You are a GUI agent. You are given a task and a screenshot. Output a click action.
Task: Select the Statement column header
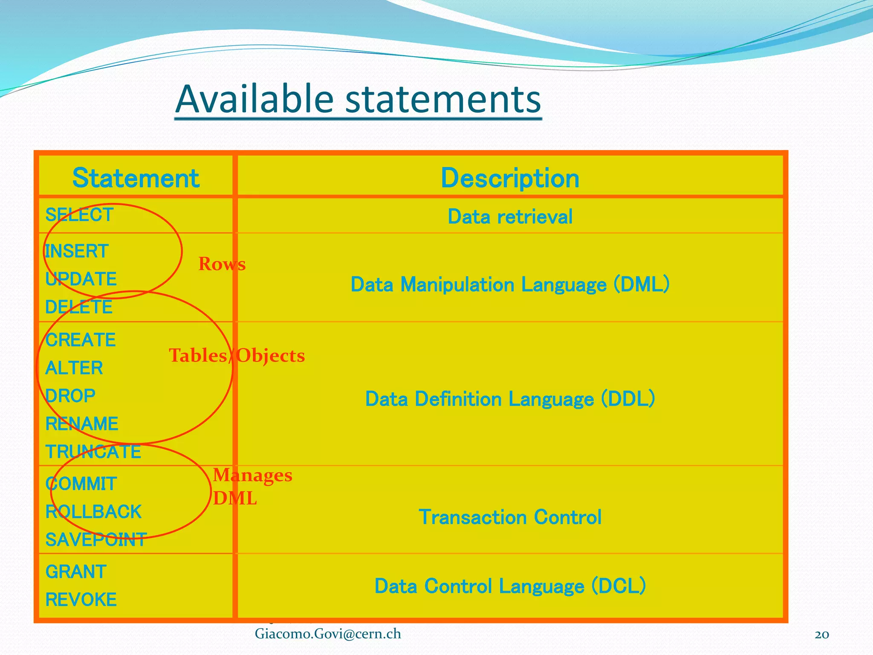136,178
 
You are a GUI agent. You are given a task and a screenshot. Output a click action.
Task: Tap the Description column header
510,178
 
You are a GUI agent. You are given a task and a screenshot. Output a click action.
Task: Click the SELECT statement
79,215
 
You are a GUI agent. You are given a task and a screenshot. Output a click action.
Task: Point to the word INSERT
77,251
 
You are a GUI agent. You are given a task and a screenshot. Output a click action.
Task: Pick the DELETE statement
79,307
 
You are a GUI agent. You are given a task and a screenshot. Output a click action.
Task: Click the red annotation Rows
222,264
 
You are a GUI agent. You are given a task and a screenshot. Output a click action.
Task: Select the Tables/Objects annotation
237,356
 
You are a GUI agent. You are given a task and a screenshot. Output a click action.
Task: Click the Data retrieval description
510,217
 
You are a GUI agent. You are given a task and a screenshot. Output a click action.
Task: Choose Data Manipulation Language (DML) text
510,284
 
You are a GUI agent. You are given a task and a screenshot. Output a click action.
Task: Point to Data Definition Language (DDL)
510,399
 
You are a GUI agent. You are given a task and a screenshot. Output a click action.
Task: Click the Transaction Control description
510,517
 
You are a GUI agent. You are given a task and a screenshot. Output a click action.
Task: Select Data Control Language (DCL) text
510,586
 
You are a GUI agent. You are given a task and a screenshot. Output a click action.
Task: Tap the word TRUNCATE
93,452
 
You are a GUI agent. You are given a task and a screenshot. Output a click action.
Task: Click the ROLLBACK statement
93,512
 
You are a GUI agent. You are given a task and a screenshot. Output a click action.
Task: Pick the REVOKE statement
81,600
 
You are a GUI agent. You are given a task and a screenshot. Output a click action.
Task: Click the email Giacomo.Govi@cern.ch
328,634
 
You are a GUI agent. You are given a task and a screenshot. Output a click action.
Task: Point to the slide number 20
821,635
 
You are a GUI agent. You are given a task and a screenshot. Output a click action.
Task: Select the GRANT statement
76,572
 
